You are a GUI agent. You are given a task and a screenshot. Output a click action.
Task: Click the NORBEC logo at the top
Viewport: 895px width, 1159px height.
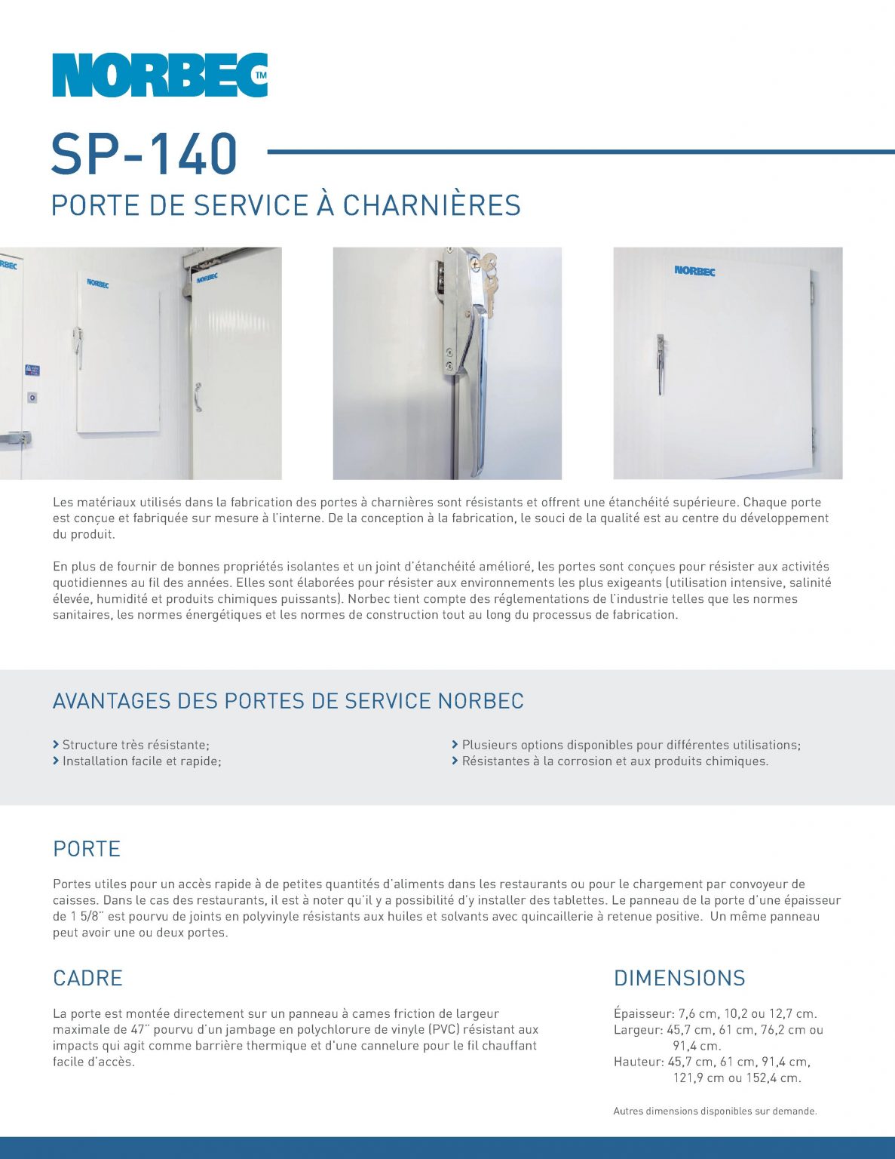159,75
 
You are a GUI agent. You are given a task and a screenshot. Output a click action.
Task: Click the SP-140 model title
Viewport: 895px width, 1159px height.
144,154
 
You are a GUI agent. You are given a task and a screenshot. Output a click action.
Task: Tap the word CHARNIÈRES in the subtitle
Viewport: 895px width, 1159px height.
431,206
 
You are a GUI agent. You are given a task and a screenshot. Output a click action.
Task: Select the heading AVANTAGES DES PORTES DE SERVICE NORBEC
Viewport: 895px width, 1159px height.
288,701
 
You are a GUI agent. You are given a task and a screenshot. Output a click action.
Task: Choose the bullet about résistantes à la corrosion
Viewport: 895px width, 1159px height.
615,761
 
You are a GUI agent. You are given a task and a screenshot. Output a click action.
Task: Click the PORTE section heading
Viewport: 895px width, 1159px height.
87,849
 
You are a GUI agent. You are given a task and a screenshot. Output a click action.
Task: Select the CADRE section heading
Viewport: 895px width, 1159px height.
87,978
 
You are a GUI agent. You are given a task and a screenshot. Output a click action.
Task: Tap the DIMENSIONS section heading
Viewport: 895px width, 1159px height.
679,978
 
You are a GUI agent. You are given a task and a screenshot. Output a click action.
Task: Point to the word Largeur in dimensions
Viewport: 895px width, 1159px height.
638,1030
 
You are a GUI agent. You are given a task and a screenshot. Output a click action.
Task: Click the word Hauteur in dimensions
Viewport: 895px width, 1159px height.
639,1062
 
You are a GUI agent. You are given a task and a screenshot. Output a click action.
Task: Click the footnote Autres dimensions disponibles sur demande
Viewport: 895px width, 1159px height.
715,1111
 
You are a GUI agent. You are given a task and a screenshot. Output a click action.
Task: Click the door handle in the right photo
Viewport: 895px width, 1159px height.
661,363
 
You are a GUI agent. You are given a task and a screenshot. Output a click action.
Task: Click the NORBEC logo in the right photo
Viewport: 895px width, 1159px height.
694,270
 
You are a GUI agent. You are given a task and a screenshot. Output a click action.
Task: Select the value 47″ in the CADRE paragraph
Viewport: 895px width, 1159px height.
139,1030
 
